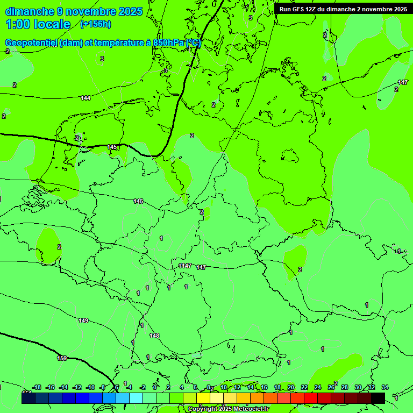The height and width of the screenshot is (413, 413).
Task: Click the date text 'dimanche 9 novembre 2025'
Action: (74, 11)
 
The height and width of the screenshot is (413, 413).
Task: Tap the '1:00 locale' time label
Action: (38, 24)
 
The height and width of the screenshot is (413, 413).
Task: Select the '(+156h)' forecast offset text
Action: (95, 24)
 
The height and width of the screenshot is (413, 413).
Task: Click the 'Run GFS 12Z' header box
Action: (343, 9)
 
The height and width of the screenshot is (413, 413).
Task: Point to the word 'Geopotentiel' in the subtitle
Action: (32, 44)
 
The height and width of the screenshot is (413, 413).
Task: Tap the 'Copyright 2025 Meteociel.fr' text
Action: (228, 409)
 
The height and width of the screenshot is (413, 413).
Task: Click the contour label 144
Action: (86, 98)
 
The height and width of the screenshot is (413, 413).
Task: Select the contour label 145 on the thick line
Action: (112, 147)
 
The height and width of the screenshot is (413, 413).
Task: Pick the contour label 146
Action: (138, 201)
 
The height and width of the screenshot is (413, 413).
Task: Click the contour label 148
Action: (154, 336)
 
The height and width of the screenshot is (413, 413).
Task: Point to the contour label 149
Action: (83, 321)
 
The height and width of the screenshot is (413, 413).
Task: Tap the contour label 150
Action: (62, 358)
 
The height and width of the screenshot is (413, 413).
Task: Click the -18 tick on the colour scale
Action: (37, 387)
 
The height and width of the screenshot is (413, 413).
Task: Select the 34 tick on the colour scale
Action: (385, 387)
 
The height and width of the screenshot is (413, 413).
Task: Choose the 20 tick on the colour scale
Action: (291, 387)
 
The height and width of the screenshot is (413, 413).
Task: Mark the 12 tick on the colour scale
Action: (237, 387)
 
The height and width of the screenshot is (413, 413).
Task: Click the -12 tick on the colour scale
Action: (77, 387)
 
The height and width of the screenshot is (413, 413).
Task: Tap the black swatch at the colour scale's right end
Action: (378, 398)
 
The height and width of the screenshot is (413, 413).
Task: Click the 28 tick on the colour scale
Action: (345, 387)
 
